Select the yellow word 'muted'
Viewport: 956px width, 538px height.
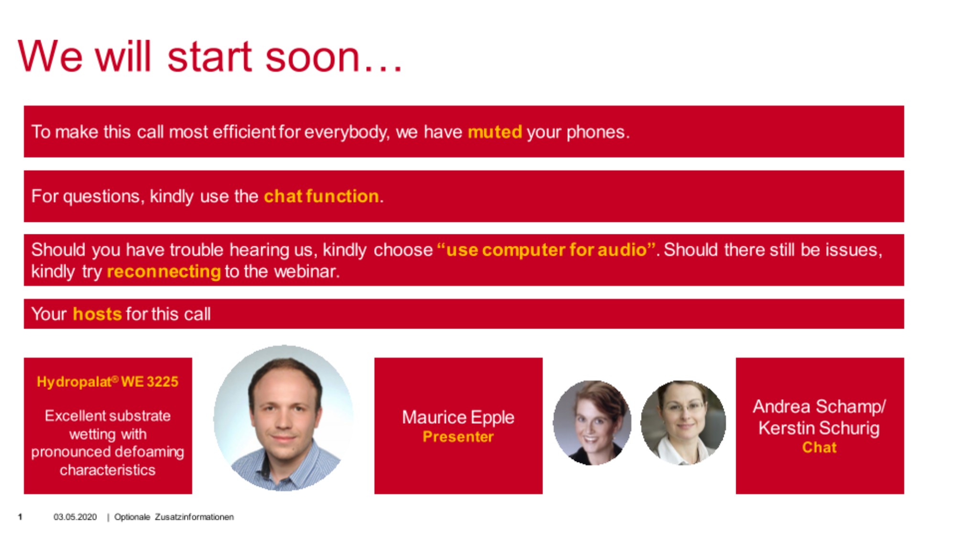495,132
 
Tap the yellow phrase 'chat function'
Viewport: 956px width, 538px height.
321,196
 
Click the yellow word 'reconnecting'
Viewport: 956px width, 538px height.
163,272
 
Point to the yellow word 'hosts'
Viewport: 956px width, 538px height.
97,314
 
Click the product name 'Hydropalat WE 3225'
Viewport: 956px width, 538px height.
108,382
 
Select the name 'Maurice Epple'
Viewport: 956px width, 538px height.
458,417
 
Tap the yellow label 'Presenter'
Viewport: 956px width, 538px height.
458,437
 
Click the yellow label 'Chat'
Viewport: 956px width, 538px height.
819,447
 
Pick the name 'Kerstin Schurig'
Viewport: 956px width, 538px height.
819,428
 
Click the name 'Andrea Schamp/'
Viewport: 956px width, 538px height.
819,406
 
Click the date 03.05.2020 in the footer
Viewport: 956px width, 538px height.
75,517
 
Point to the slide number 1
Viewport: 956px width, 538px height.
20,516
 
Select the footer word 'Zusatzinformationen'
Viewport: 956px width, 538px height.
194,517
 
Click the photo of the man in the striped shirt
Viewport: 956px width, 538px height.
283,418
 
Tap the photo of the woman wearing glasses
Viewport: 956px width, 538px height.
683,423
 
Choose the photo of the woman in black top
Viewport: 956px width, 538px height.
592,423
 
